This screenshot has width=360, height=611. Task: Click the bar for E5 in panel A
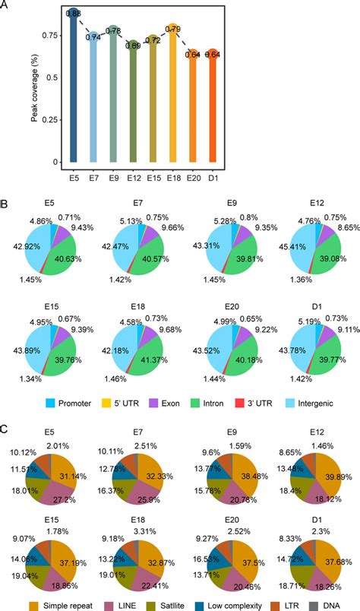tap(74, 91)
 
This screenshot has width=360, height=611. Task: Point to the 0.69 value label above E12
tap(133, 46)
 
